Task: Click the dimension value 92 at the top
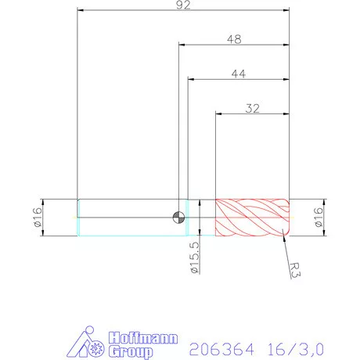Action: (x=183, y=5)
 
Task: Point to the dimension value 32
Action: (x=253, y=109)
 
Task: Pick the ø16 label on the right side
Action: (x=319, y=217)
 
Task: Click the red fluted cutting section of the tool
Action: (x=252, y=217)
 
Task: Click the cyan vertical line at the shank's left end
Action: (x=77, y=217)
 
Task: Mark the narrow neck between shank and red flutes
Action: (x=201, y=217)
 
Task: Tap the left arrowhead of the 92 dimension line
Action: (x=80, y=11)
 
